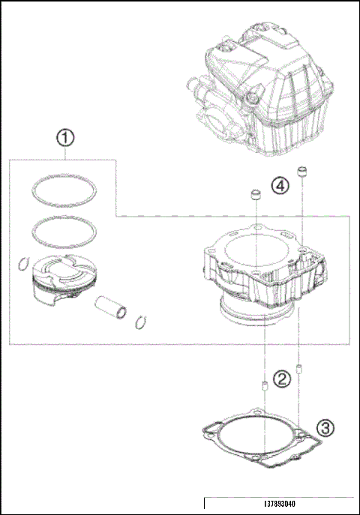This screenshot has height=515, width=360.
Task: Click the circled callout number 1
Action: coord(66,138)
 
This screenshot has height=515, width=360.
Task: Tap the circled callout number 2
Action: coord(280,379)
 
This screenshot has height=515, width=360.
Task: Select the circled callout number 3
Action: coord(324,428)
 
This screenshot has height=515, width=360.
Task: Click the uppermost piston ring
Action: coord(65,190)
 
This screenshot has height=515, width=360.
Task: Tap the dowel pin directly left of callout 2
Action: coord(263,387)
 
